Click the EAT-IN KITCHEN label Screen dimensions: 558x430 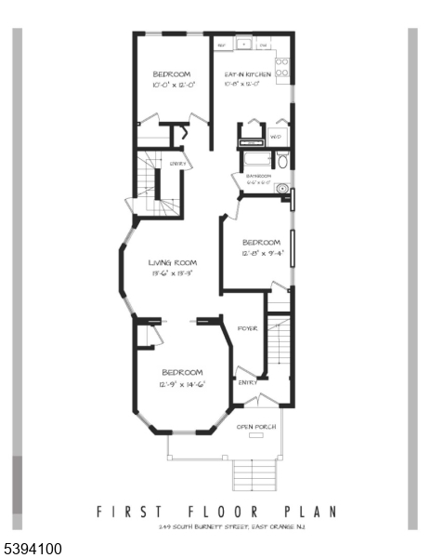(248, 74)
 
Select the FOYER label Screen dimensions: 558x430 (247, 329)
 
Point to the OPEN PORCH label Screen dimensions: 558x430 (256, 427)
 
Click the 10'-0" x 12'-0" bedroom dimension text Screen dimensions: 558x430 (173, 85)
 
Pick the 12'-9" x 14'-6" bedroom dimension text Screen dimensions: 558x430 (181, 383)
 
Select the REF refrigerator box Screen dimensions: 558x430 (223, 44)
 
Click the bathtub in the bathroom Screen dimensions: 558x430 (255, 160)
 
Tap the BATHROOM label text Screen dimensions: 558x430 (258, 176)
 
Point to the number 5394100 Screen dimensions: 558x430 (32, 550)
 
